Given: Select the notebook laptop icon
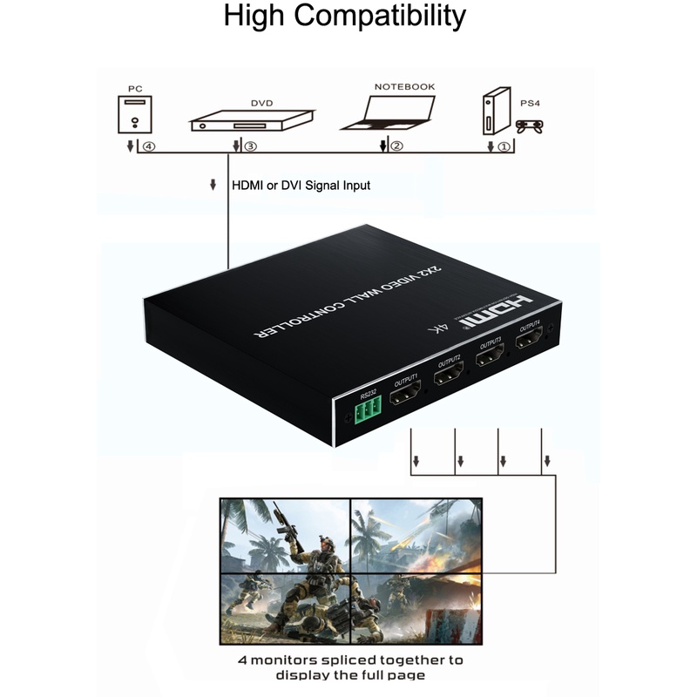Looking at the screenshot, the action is click(388, 112).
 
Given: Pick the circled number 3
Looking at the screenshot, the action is click(250, 146).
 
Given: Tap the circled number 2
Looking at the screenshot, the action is click(397, 146).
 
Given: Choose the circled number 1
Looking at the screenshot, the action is click(503, 146).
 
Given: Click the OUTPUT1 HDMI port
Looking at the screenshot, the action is click(406, 398).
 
